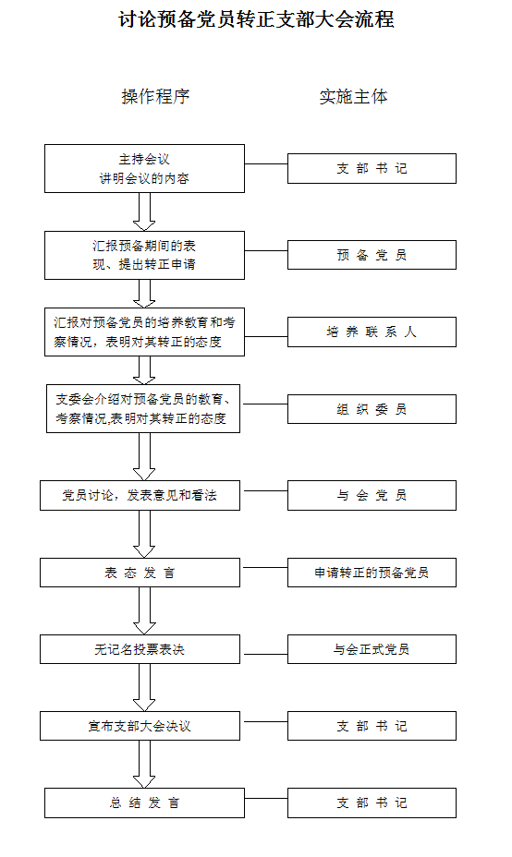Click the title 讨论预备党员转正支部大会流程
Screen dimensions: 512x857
click(256, 19)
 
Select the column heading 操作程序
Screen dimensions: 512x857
click(156, 97)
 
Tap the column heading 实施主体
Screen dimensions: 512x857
click(353, 97)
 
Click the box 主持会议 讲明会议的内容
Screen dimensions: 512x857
click(144, 168)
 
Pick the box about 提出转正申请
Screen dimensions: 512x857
click(144, 255)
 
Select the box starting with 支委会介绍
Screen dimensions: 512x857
click(143, 409)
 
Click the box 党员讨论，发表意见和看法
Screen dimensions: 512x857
click(140, 496)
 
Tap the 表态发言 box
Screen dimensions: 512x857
click(140, 573)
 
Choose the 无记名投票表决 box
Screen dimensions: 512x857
click(140, 649)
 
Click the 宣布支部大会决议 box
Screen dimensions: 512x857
click(140, 726)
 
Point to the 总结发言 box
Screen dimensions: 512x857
click(144, 803)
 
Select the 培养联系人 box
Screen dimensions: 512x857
click(372, 332)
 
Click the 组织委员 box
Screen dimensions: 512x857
click(372, 409)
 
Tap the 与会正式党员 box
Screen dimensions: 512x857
click(372, 649)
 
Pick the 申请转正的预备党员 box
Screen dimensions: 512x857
click(372, 573)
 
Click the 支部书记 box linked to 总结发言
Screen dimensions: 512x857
click(372, 803)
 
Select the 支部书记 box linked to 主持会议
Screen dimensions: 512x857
click(372, 168)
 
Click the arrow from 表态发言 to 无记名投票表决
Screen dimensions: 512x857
click(144, 611)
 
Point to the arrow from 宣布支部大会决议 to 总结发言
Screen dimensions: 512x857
click(144, 764)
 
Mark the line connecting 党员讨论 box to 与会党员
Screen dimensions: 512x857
click(266, 490)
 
